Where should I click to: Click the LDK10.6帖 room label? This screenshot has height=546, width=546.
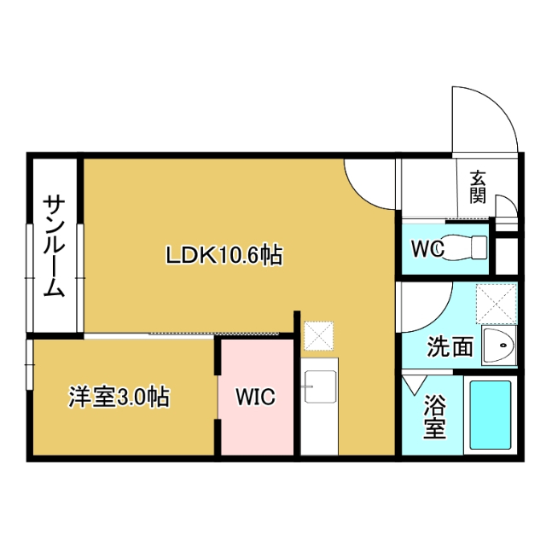click(224, 253)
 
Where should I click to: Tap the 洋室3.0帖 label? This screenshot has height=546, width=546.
click(119, 396)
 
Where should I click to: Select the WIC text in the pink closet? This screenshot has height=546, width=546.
click(255, 397)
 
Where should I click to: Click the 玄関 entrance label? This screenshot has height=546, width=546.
click(478, 187)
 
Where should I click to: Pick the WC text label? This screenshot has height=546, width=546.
click(428, 249)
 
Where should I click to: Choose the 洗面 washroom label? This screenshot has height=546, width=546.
click(450, 346)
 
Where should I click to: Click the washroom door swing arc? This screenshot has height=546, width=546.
click(427, 311)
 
